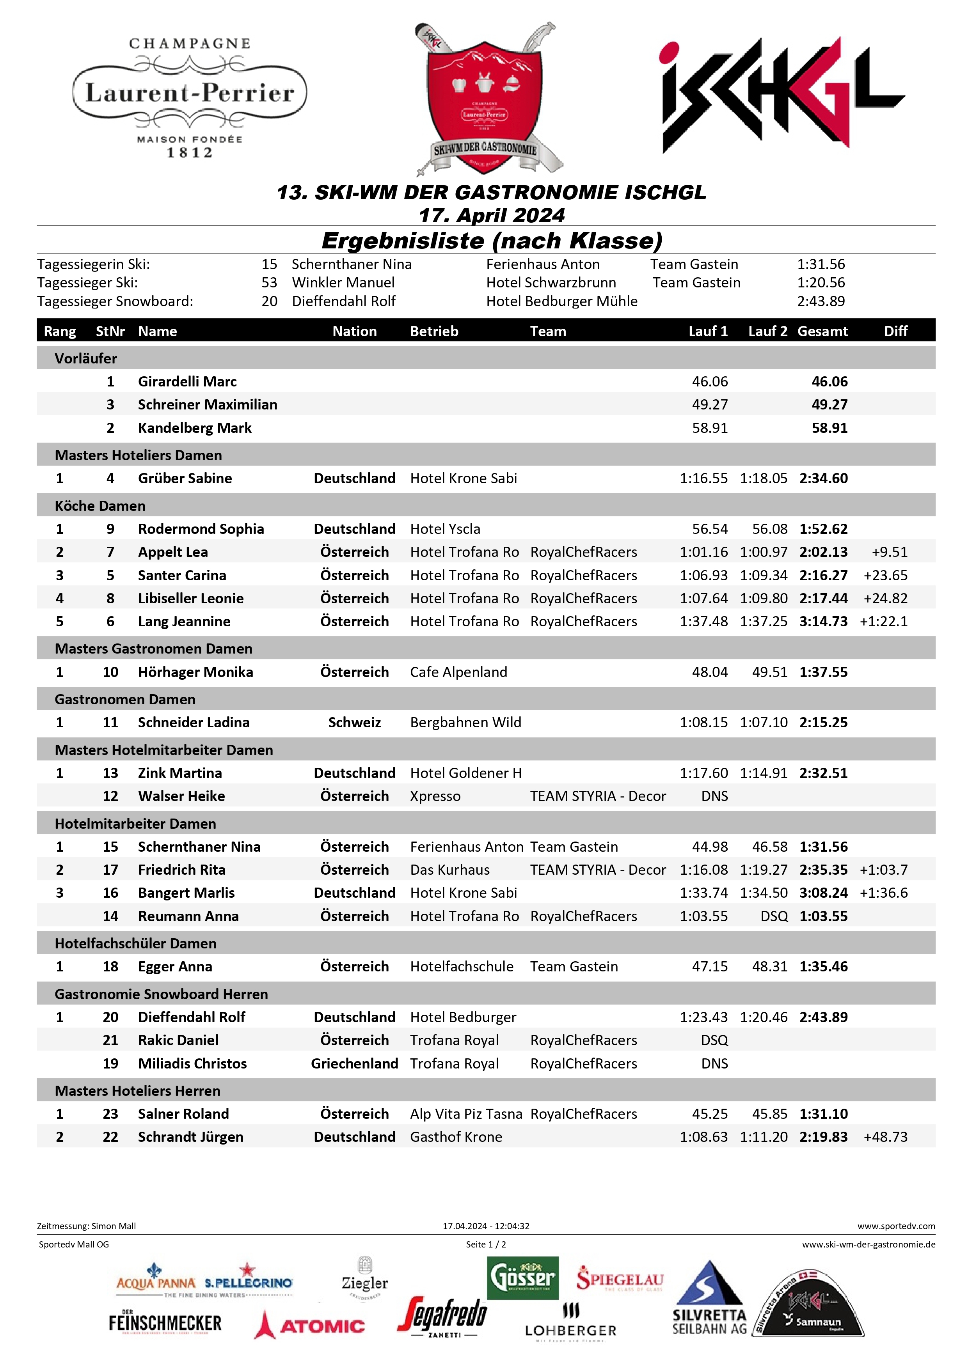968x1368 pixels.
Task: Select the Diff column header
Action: [895, 331]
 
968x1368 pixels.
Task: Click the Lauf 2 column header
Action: [767, 331]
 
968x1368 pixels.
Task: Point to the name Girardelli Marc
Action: [187, 381]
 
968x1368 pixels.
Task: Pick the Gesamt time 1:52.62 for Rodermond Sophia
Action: [823, 528]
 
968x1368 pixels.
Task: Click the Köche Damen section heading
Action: [100, 506]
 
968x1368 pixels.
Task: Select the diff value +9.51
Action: [889, 552]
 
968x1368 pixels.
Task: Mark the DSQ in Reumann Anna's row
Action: [774, 916]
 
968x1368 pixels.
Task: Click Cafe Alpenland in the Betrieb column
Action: [458, 672]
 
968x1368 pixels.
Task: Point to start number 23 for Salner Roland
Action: [110, 1114]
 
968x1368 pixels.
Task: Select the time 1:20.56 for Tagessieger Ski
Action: [821, 282]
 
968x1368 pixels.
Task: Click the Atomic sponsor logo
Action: [309, 1326]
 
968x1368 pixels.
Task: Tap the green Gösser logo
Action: [523, 1278]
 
